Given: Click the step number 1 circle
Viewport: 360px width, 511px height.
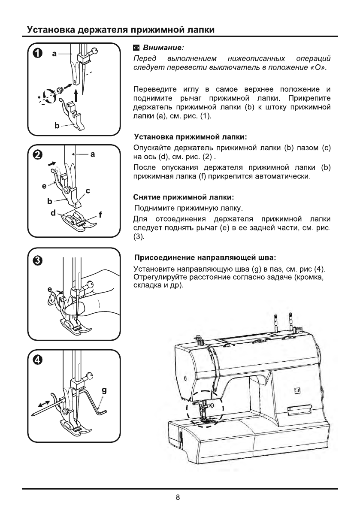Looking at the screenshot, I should pyautogui.click(x=38, y=53).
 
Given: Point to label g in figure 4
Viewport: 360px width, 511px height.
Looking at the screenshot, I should pyautogui.click(x=104, y=390).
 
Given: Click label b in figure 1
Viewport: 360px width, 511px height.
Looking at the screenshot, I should pyautogui.click(x=56, y=126).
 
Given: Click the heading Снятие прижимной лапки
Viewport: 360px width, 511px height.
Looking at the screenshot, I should pyautogui.click(x=184, y=198).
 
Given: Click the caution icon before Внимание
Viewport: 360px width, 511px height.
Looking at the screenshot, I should pyautogui.click(x=136, y=47).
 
